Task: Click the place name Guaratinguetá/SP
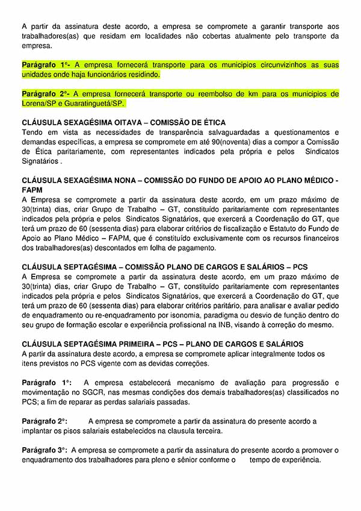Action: [93, 104]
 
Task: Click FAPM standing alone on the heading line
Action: [32, 190]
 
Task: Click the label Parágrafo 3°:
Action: [45, 450]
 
